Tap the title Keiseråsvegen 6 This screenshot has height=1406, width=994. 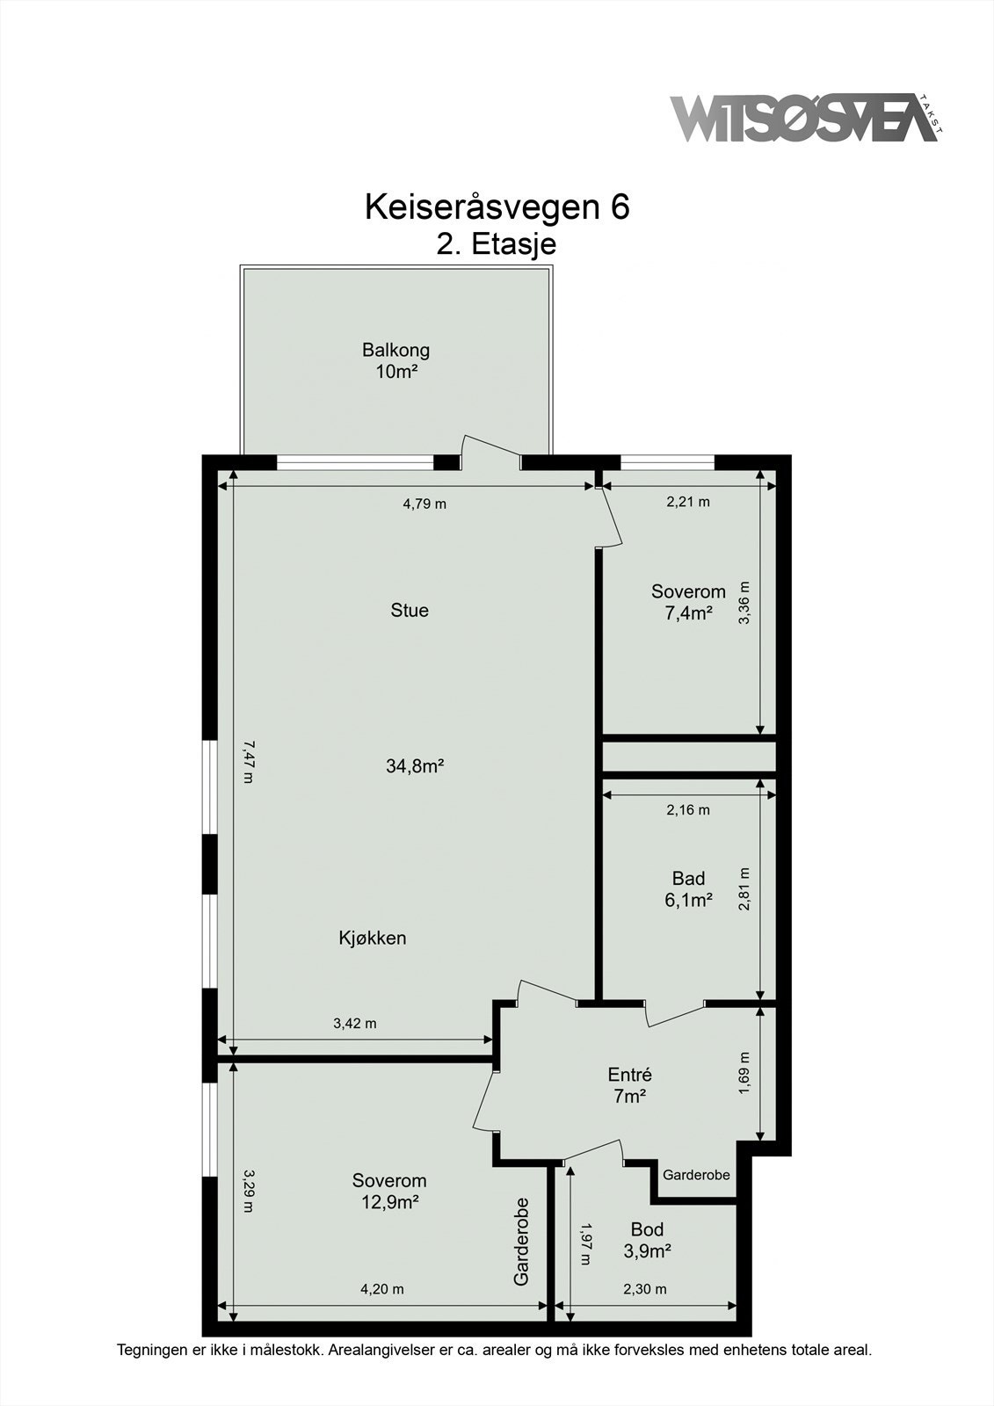(497, 207)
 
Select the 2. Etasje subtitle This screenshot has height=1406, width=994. (497, 243)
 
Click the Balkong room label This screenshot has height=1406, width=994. (395, 350)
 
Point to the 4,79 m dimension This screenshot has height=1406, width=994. (424, 504)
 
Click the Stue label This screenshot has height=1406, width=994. (410, 610)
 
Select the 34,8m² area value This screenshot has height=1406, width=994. (415, 765)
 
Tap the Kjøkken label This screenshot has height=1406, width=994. (373, 938)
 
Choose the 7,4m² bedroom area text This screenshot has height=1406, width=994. (688, 613)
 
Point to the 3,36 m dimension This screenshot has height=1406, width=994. (744, 603)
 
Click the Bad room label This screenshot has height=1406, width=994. (688, 878)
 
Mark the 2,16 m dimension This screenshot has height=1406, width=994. (688, 809)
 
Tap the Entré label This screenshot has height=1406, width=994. (630, 1075)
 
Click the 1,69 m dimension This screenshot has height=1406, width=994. (744, 1073)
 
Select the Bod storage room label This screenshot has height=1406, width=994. (647, 1229)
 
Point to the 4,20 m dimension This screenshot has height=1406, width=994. (382, 1289)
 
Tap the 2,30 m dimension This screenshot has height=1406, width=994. (645, 1289)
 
